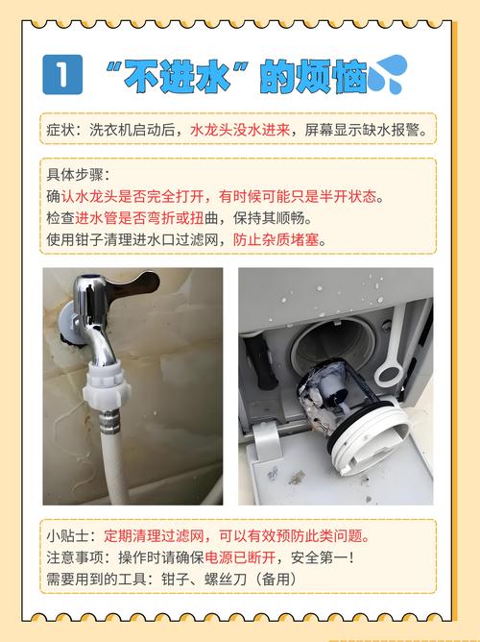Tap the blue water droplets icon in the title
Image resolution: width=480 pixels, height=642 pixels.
pyautogui.click(x=388, y=73)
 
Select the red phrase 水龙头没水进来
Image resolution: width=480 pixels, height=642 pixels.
pyautogui.click(x=239, y=129)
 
